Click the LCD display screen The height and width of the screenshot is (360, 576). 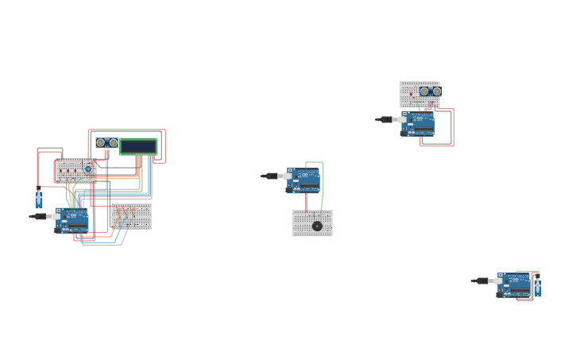point(139,146)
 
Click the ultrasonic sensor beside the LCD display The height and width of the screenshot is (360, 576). point(106,143)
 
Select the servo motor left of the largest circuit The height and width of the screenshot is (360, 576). point(38,199)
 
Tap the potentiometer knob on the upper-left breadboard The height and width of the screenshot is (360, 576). point(88,169)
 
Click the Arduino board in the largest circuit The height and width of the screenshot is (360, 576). point(72,219)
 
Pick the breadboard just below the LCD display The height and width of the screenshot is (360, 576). point(131,216)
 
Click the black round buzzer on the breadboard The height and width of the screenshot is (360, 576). point(317,226)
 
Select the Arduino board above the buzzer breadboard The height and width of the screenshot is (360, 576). point(304,180)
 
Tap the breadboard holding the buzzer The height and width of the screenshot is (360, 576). point(312,223)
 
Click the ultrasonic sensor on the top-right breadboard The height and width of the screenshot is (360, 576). point(430,91)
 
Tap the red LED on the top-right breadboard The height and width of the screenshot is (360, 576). point(412,96)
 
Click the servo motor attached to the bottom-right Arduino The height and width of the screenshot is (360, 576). point(538,286)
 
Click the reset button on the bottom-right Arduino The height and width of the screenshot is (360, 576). point(501,276)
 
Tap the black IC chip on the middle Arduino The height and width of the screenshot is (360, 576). point(308,188)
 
